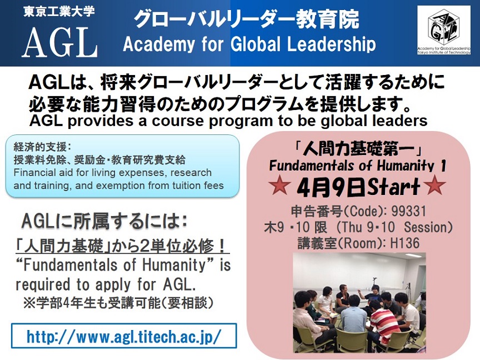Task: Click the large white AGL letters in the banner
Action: click(60, 43)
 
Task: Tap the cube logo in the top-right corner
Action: click(443, 31)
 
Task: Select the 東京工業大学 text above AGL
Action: click(59, 12)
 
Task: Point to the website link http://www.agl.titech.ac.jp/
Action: click(124, 336)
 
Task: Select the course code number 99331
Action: click(409, 211)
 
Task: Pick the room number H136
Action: click(404, 243)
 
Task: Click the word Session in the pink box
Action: click(428, 227)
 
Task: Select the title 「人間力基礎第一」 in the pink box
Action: click(358, 149)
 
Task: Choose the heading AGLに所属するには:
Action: click(104, 221)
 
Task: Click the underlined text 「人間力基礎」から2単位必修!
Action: click(122, 246)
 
